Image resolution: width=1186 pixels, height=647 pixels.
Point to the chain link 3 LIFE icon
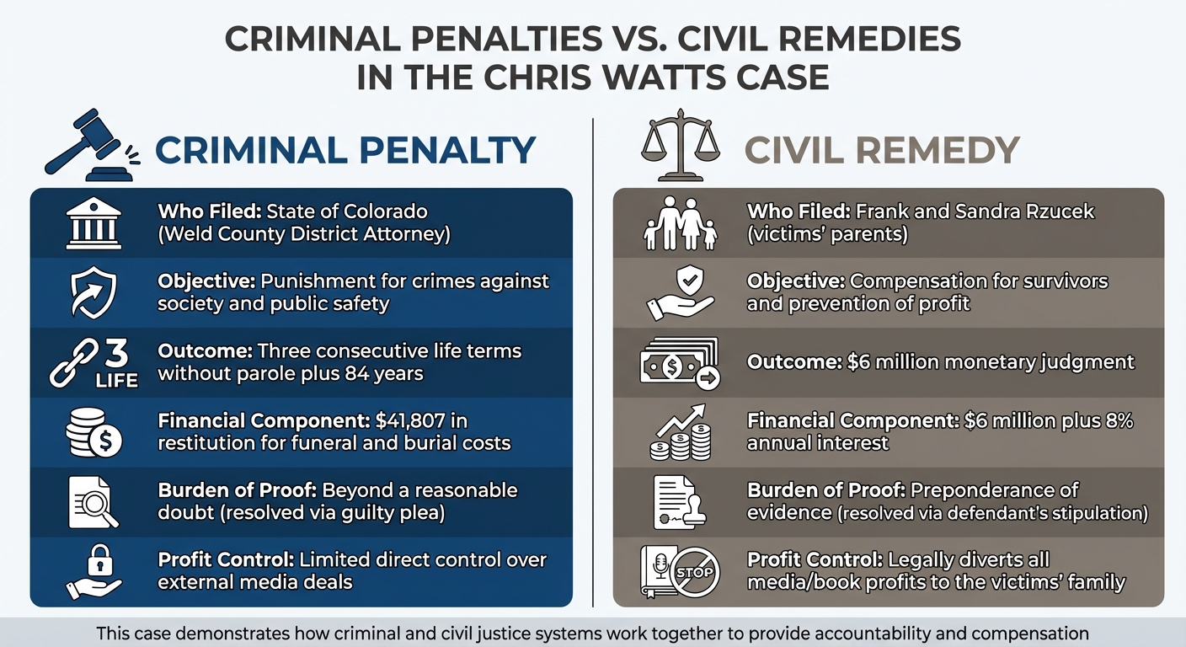tap(93, 363)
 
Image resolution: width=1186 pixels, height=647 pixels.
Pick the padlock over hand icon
tap(93, 572)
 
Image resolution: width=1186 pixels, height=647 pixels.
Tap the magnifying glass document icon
tap(93, 503)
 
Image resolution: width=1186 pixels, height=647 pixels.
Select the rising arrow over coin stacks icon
tap(680, 432)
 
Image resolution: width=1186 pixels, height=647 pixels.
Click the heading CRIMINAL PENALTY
tap(345, 150)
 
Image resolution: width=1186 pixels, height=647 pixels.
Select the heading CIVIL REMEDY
tap(882, 150)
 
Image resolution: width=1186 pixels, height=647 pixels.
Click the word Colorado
tap(383, 211)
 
